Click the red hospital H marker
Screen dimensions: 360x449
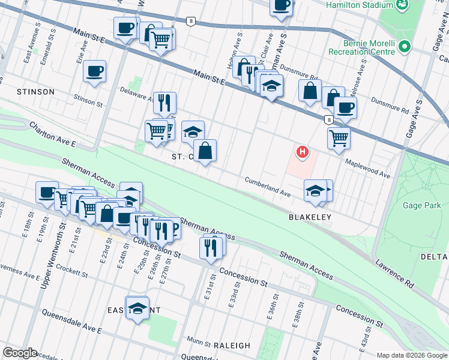303,152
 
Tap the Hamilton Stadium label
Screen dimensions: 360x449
359,5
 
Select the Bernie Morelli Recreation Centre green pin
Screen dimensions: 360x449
405,46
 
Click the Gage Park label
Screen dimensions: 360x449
424,205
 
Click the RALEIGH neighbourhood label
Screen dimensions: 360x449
231,345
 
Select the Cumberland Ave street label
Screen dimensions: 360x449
267,187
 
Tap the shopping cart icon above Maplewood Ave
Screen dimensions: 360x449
339,137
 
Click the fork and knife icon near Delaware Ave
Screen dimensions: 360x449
164,103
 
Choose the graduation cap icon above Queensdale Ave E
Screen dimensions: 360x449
137,308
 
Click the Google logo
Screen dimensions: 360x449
20,353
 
